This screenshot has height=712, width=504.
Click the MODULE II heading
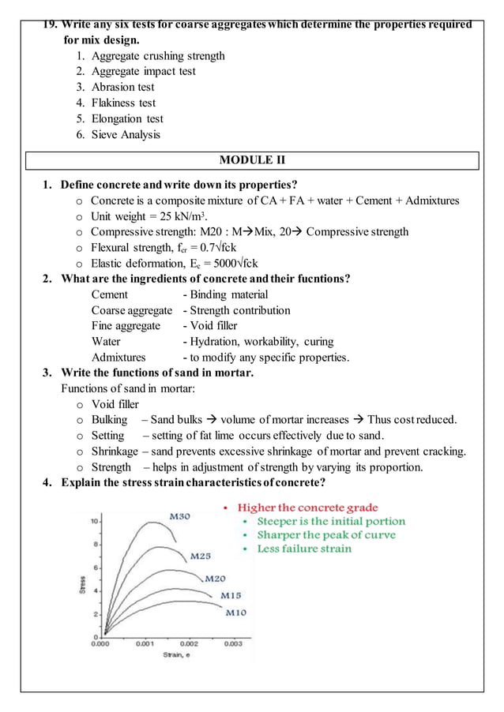point(252,161)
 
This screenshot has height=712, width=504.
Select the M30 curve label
point(179,516)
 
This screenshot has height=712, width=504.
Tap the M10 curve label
point(235,612)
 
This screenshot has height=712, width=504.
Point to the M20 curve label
point(215,579)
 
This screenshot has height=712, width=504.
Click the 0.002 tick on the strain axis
point(188,644)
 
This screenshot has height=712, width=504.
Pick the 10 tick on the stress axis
point(93,522)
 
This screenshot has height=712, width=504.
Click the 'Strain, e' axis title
point(176,655)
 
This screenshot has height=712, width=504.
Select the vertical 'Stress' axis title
point(83,584)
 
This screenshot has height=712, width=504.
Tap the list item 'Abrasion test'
point(122,87)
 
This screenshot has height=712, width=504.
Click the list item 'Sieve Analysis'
point(126,134)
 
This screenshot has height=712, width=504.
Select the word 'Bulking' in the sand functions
point(109,420)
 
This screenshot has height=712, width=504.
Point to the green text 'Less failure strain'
point(304,549)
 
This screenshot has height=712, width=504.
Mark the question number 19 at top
point(49,24)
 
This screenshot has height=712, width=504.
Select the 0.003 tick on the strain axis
point(232,644)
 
